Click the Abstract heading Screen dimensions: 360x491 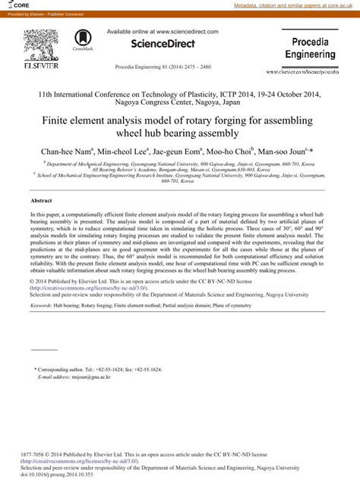pos(40,200)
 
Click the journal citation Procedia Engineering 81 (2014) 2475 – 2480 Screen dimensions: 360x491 pos(163,68)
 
